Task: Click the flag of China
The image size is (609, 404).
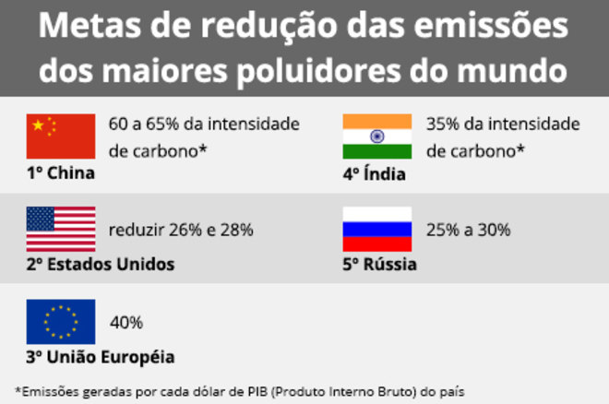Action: (60, 137)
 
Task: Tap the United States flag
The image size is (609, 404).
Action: (60, 229)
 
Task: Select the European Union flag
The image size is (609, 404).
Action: (60, 321)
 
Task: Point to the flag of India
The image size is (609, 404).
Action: (376, 137)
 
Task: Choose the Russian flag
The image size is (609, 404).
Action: (376, 229)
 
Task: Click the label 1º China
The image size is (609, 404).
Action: (60, 172)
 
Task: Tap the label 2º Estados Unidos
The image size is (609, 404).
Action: (100, 265)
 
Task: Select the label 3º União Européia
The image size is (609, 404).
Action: (100, 357)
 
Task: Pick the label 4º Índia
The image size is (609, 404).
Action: (374, 172)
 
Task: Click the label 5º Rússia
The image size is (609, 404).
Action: (378, 265)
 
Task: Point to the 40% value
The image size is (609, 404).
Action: (125, 323)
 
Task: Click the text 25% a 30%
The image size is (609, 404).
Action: (468, 231)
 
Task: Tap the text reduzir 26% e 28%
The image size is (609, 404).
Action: (181, 231)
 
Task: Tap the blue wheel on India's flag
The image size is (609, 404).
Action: (376, 137)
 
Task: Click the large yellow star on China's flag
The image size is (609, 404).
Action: (39, 125)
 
